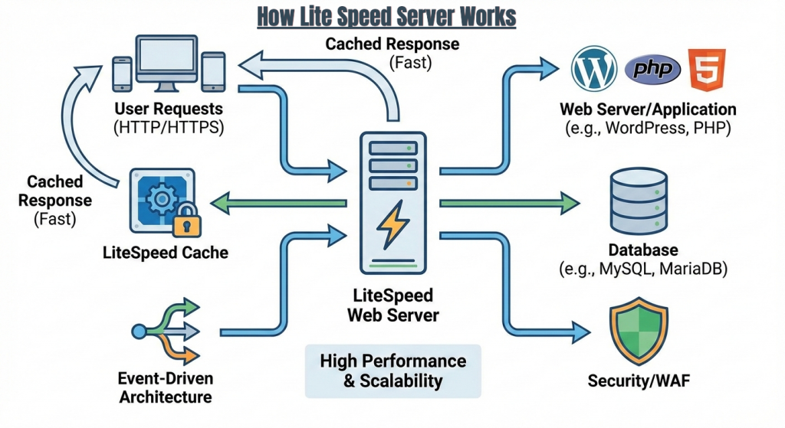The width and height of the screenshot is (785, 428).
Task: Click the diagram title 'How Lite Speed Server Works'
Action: point(386,16)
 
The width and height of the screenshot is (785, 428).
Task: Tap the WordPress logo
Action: point(594,70)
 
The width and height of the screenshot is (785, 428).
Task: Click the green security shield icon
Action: point(638,332)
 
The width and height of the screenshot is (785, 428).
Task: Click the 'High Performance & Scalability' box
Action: point(392,370)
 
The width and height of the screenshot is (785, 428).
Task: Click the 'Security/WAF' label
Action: point(637,381)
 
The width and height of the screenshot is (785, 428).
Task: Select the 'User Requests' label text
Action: point(169,109)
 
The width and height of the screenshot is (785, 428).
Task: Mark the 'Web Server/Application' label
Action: point(648,109)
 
